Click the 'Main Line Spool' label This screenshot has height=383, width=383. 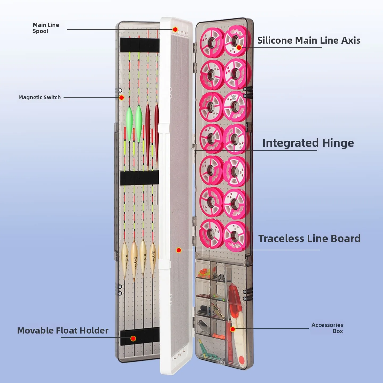46,28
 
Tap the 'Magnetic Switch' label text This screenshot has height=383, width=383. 39,97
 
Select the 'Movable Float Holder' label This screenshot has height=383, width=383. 63,330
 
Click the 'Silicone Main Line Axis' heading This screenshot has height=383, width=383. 309,40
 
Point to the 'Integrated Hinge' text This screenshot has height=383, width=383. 308,143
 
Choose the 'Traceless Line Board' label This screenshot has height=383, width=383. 309,239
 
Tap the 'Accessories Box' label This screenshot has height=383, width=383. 327,328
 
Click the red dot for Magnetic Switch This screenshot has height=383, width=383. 122,98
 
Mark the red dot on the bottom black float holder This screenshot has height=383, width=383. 133,338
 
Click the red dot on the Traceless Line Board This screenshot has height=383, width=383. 179,250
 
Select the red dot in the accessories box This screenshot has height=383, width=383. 233,329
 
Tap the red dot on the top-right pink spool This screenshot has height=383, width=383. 239,48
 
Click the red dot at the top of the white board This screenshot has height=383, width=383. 175,30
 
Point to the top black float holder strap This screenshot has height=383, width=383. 140,45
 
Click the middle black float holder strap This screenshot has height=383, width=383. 139,178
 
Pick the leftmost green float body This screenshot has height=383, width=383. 129,122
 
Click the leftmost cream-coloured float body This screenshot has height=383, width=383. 124,257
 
